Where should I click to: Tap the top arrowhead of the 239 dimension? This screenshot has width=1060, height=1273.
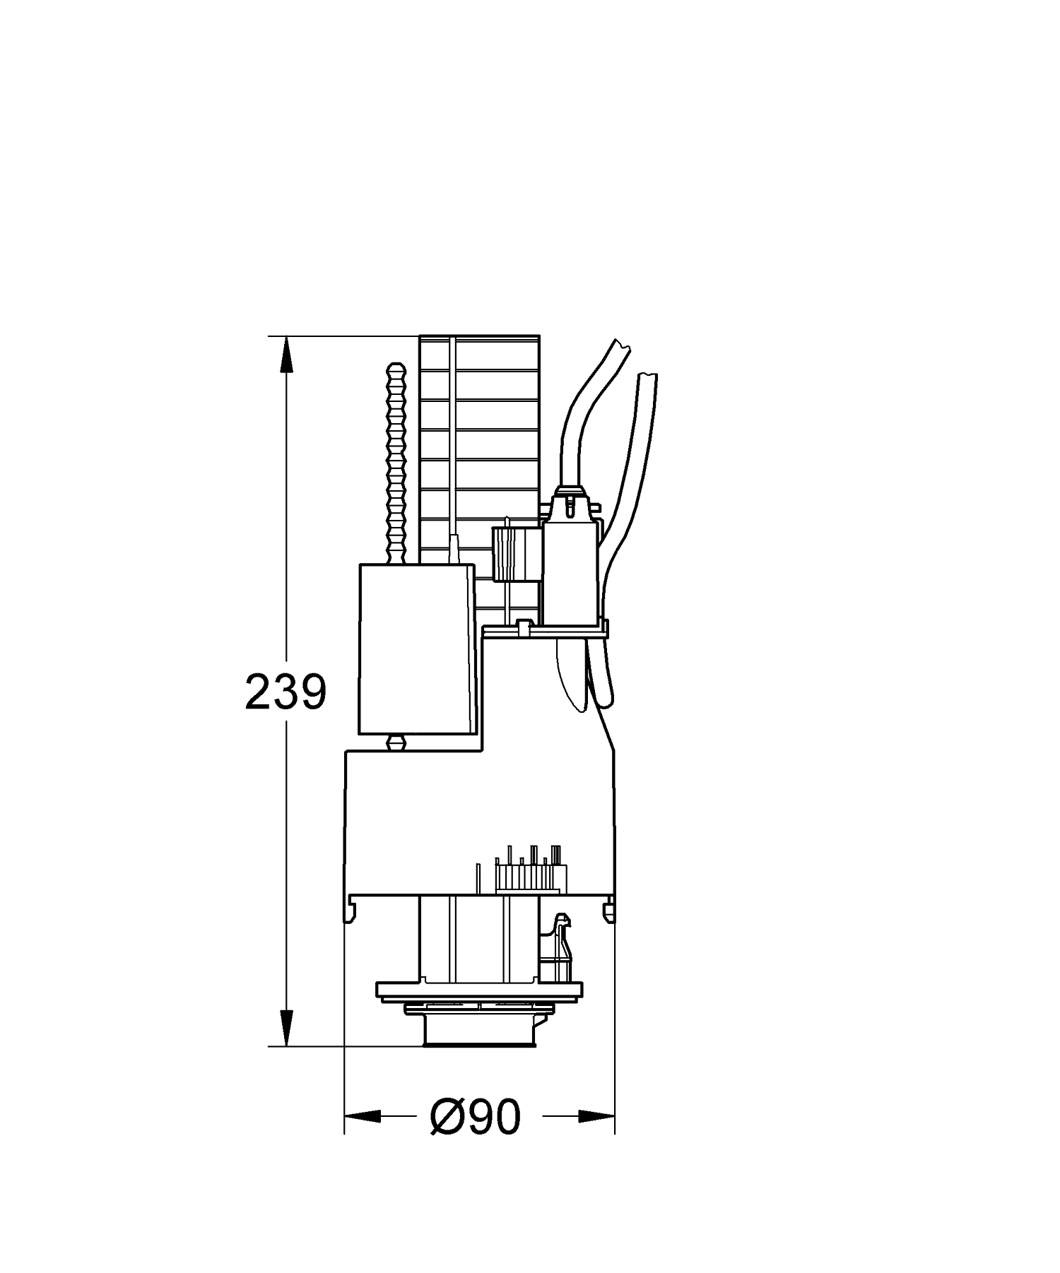[x=285, y=353]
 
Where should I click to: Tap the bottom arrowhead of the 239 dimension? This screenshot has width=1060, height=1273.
[x=285, y=1028]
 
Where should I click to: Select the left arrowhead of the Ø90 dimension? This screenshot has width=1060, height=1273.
[x=362, y=1117]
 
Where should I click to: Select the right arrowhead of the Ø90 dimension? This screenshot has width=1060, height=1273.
[x=596, y=1117]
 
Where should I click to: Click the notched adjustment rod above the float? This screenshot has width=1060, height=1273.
[x=396, y=463]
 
